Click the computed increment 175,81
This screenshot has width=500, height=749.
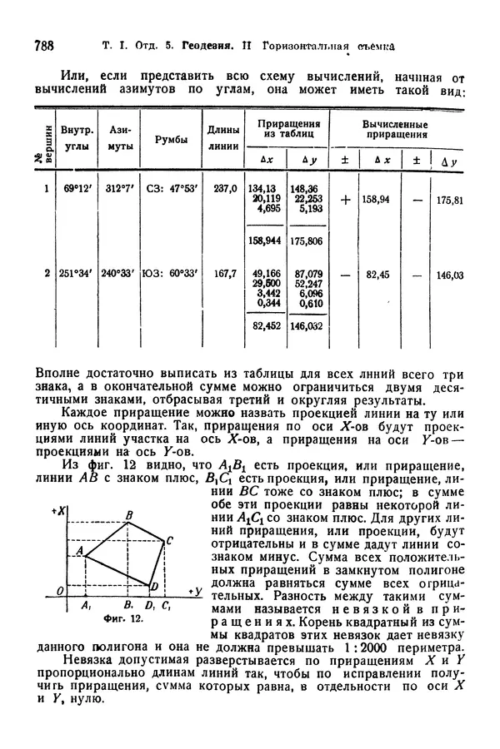point(449,201)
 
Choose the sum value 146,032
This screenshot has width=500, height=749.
point(306,327)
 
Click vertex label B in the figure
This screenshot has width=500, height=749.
point(129,516)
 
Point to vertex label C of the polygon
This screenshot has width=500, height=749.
point(169,540)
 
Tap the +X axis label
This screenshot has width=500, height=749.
point(57,508)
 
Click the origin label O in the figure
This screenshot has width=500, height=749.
point(49,591)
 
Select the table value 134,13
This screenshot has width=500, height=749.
point(266,188)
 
